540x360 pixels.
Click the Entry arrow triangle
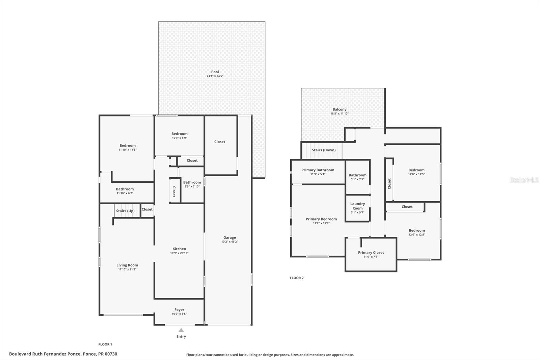(181, 330)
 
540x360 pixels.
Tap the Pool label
(215, 72)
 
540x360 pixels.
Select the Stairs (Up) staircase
(126, 211)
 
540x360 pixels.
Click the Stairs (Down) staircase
(323, 150)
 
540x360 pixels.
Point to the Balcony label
(340, 109)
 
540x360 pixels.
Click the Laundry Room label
(357, 206)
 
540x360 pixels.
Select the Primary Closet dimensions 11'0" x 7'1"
(371, 257)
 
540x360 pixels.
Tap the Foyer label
(179, 310)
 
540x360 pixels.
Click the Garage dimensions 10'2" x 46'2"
(230, 242)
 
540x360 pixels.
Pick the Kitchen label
(179, 249)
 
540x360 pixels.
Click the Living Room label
(127, 265)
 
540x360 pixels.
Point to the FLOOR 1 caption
(105, 344)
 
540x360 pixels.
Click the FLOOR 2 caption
(297, 278)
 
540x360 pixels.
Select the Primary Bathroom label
(318, 170)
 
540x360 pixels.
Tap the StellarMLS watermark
(524, 180)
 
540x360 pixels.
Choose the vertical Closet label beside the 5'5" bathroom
(174, 191)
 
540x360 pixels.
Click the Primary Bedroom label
(321, 219)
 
